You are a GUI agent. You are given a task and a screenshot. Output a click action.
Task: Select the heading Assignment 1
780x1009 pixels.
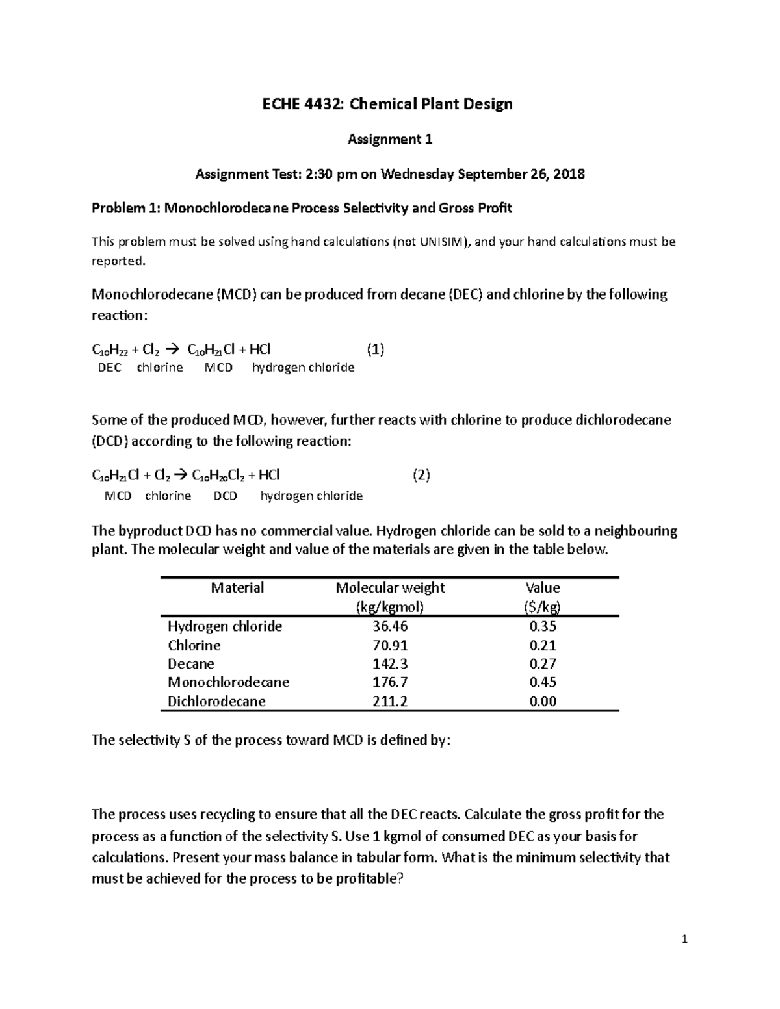pyautogui.click(x=390, y=139)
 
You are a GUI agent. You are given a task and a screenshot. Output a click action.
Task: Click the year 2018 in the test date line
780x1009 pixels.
pyautogui.click(x=570, y=174)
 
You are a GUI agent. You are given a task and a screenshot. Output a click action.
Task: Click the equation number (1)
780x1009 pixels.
pyautogui.click(x=375, y=350)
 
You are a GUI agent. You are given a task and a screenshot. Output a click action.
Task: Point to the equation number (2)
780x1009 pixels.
pyautogui.click(x=421, y=475)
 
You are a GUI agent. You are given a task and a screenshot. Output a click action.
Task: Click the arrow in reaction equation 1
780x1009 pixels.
pyautogui.click(x=175, y=350)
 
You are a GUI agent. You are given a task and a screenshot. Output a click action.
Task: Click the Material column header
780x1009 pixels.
pyautogui.click(x=237, y=588)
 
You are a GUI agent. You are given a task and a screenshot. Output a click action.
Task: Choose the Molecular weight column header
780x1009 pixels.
pyautogui.click(x=390, y=588)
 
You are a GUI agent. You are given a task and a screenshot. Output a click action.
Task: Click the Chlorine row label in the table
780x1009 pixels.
pyautogui.click(x=194, y=645)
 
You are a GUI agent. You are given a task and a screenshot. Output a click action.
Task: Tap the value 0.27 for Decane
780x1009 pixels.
pyautogui.click(x=543, y=663)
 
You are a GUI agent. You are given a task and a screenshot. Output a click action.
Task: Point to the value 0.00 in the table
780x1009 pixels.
pyautogui.click(x=543, y=701)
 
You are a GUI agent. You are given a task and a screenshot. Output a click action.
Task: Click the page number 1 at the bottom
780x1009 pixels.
pyautogui.click(x=684, y=939)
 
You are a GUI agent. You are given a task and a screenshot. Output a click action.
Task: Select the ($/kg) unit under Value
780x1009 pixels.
pyautogui.click(x=543, y=607)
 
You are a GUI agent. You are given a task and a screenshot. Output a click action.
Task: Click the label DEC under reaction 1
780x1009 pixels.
pyautogui.click(x=109, y=368)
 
